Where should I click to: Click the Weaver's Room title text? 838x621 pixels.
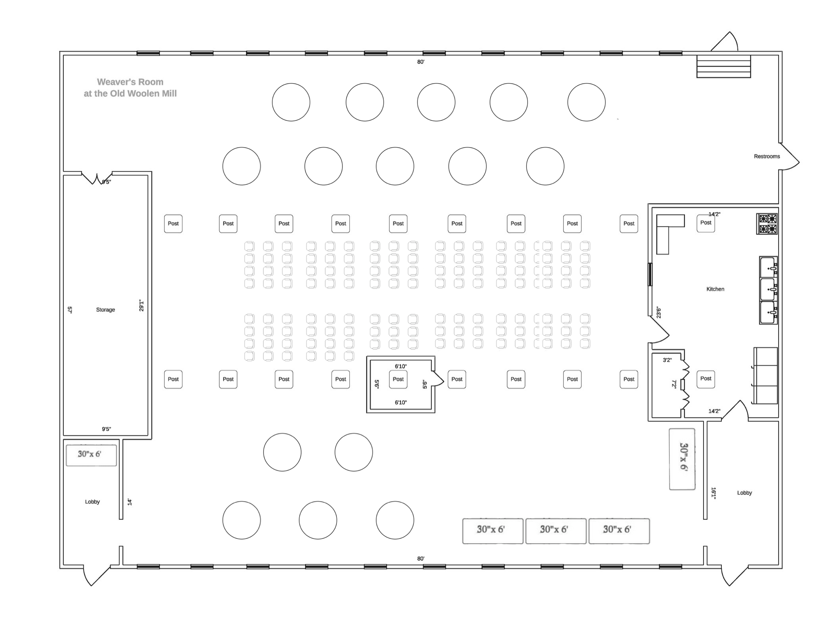(130, 88)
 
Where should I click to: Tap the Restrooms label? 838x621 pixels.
(767, 156)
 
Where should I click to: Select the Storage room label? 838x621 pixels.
(105, 310)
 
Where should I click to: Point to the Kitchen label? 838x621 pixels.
(715, 289)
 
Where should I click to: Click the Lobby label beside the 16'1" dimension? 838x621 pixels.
(744, 493)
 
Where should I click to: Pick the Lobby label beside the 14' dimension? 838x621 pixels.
(92, 502)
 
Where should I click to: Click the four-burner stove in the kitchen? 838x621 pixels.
(767, 224)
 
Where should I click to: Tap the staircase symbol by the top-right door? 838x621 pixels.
(724, 66)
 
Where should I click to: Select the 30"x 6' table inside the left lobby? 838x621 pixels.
(91, 455)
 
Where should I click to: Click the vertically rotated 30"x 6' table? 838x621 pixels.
(682, 459)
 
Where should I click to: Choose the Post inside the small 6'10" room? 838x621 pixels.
(398, 379)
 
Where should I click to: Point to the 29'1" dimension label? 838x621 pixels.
(142, 305)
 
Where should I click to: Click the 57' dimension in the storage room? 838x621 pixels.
(70, 310)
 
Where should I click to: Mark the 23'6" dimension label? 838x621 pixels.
(658, 312)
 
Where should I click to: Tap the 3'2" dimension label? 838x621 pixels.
(667, 360)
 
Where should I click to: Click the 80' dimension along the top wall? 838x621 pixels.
(421, 62)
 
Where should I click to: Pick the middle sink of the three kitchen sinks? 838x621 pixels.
(769, 289)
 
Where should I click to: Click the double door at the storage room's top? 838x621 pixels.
(97, 178)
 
